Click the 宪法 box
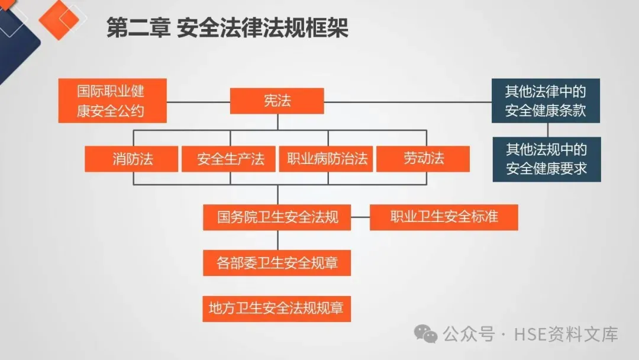(x=277, y=101)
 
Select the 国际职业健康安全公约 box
(x=112, y=101)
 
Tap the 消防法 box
(x=131, y=159)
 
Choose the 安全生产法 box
(x=228, y=159)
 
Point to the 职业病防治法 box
(x=327, y=159)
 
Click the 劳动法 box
(x=423, y=159)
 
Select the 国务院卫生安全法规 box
(x=277, y=217)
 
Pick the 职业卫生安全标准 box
(x=444, y=217)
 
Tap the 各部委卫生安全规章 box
(x=277, y=262)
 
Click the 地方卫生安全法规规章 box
(x=277, y=308)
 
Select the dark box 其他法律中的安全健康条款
(x=546, y=101)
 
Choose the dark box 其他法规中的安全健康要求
(x=546, y=159)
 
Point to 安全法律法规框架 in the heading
(x=263, y=28)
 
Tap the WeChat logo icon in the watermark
(x=425, y=334)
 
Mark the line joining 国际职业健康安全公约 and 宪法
(x=198, y=101)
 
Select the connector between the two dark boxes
(x=546, y=130)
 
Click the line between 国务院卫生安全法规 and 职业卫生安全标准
(x=360, y=217)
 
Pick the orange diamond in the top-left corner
(x=59, y=20)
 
